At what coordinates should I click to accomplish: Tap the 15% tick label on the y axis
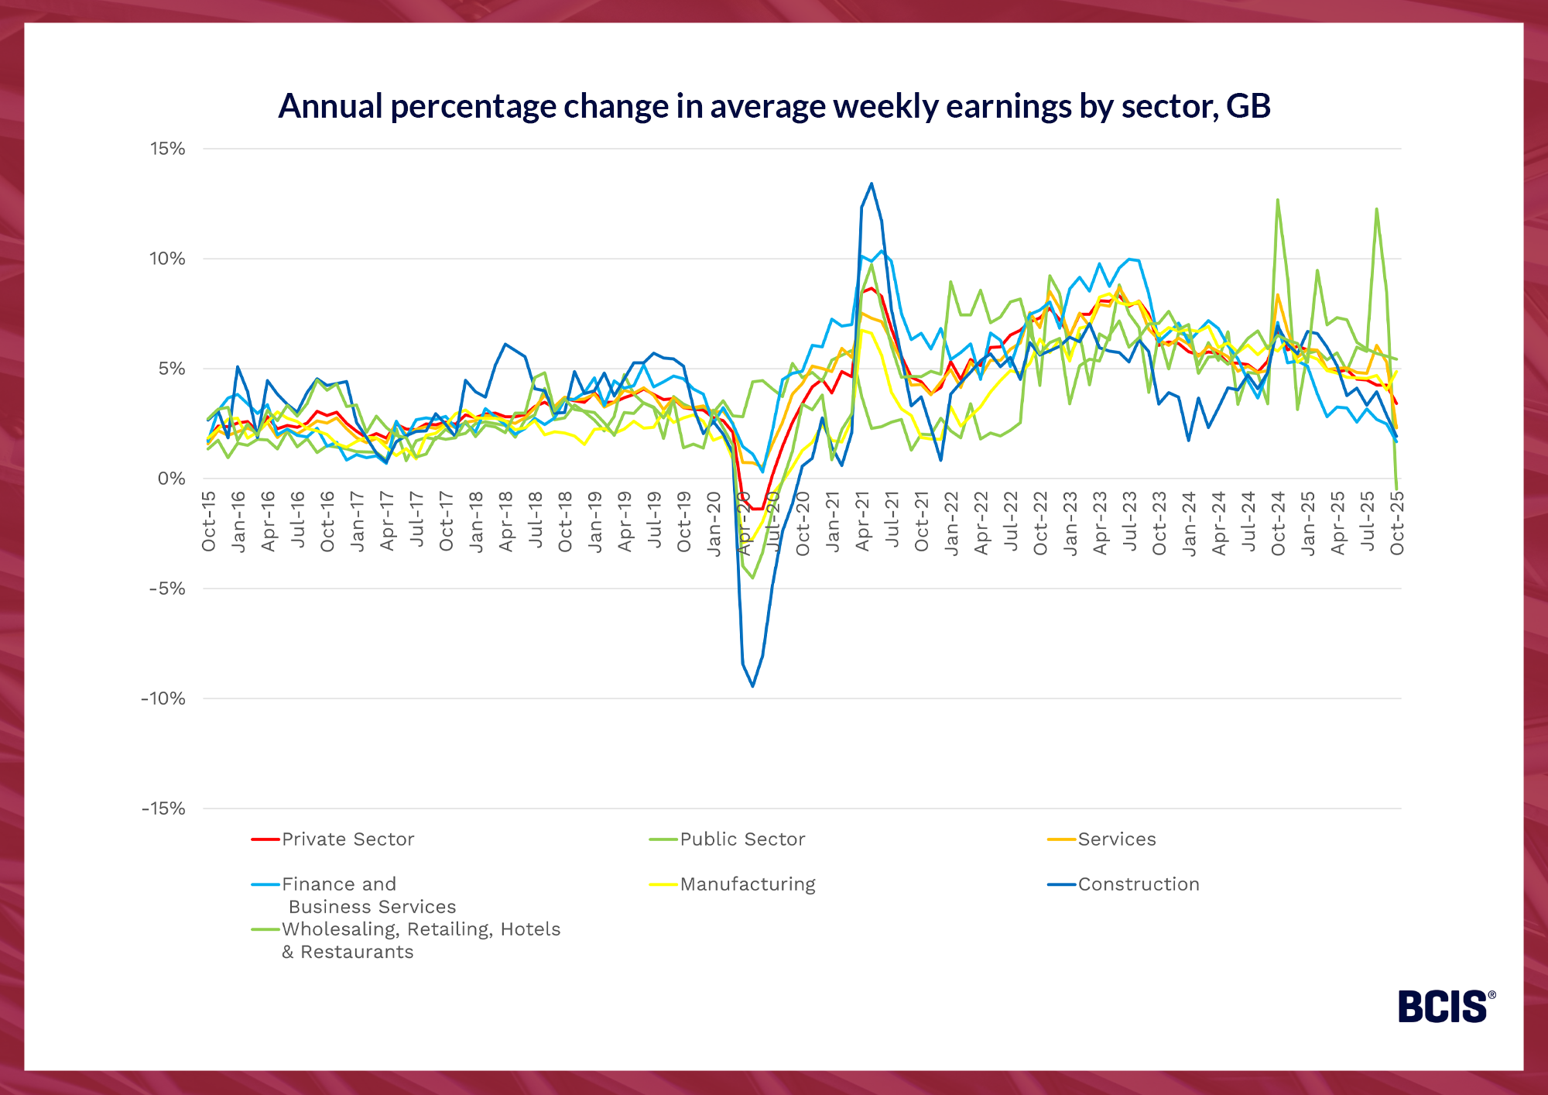pos(168,149)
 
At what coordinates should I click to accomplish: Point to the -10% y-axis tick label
pos(163,699)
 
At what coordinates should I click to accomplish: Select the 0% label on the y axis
pos(172,479)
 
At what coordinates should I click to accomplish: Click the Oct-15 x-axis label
pos(208,521)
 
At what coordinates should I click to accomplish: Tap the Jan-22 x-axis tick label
pos(951,523)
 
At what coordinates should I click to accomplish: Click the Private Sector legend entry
pos(348,839)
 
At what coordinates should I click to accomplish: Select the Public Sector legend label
pos(742,839)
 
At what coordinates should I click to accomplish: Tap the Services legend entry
pos(1117,839)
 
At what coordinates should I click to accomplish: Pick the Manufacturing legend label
pos(748,884)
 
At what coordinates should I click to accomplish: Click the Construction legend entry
pos(1139,884)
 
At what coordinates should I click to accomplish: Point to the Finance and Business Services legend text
pos(368,895)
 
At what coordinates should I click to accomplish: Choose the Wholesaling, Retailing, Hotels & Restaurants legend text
pos(420,940)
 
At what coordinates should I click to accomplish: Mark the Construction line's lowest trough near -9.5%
pos(752,686)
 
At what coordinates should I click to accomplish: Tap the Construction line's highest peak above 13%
pos(872,184)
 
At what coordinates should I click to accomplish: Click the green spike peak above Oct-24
pos(1277,200)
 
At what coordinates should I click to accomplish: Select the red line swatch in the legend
pos(265,839)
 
